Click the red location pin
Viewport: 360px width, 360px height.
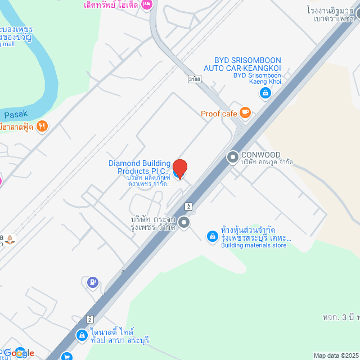point(179,168)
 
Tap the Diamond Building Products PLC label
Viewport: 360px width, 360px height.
point(139,167)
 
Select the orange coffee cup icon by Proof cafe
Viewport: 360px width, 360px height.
point(245,113)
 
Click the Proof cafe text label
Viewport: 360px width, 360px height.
point(219,114)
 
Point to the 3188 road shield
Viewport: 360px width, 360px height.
point(195,79)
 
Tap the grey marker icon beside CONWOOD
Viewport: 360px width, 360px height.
point(232,157)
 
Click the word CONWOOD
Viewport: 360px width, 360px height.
point(260,155)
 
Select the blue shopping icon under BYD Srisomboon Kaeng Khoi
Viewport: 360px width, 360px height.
point(265,93)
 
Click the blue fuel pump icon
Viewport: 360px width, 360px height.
point(93,281)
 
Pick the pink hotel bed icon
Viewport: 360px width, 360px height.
point(147,5)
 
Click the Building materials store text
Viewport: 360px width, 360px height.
point(254,245)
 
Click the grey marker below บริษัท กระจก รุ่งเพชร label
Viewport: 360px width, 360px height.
point(183,222)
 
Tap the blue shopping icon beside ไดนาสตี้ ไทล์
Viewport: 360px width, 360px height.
point(82,336)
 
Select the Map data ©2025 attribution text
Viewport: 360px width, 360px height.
point(336,355)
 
